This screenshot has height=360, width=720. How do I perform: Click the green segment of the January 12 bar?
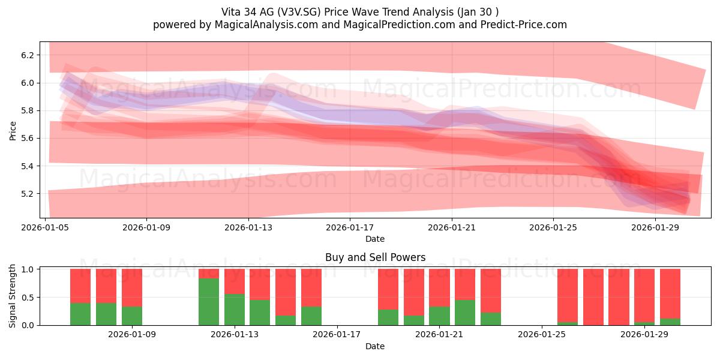tap(209, 302)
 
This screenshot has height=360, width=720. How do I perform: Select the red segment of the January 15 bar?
tap(286, 292)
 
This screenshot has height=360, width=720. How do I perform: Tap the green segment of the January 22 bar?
tap(465, 313)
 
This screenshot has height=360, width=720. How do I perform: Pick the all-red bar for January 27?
tap(593, 297)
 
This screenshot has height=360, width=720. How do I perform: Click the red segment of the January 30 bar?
tap(670, 294)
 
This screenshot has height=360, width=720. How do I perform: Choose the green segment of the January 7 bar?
tap(106, 314)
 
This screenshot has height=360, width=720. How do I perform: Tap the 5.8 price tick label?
tap(28, 111)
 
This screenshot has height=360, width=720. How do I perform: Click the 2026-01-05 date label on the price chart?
tap(45, 227)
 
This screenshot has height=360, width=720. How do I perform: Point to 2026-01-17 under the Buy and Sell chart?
tap(337, 334)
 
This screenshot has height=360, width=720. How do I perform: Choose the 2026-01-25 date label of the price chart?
tap(553, 227)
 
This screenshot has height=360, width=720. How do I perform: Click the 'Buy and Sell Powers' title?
tap(375, 257)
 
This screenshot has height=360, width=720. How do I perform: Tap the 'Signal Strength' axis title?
tap(13, 296)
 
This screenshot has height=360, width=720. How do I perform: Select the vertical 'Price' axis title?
tap(13, 131)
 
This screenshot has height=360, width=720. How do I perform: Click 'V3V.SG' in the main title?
tap(299, 12)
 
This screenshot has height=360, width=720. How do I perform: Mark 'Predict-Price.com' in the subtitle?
tap(524, 25)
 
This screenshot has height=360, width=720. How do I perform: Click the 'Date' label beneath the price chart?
tap(375, 239)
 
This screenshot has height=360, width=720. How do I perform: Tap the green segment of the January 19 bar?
tap(388, 317)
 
